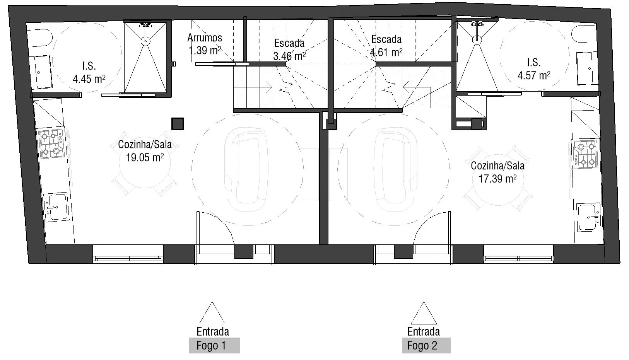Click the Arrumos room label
tap(205, 38)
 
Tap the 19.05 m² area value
tap(145, 157)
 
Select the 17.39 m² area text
tap(497, 179)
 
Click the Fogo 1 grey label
tap(214, 345)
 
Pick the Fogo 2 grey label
tap(426, 345)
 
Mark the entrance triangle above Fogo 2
tap(424, 313)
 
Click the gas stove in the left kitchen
tap(51, 144)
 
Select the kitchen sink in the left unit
tap(56, 207)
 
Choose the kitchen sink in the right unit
tap(589, 217)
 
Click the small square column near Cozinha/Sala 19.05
tap(178, 124)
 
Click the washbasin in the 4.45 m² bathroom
tap(43, 72)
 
